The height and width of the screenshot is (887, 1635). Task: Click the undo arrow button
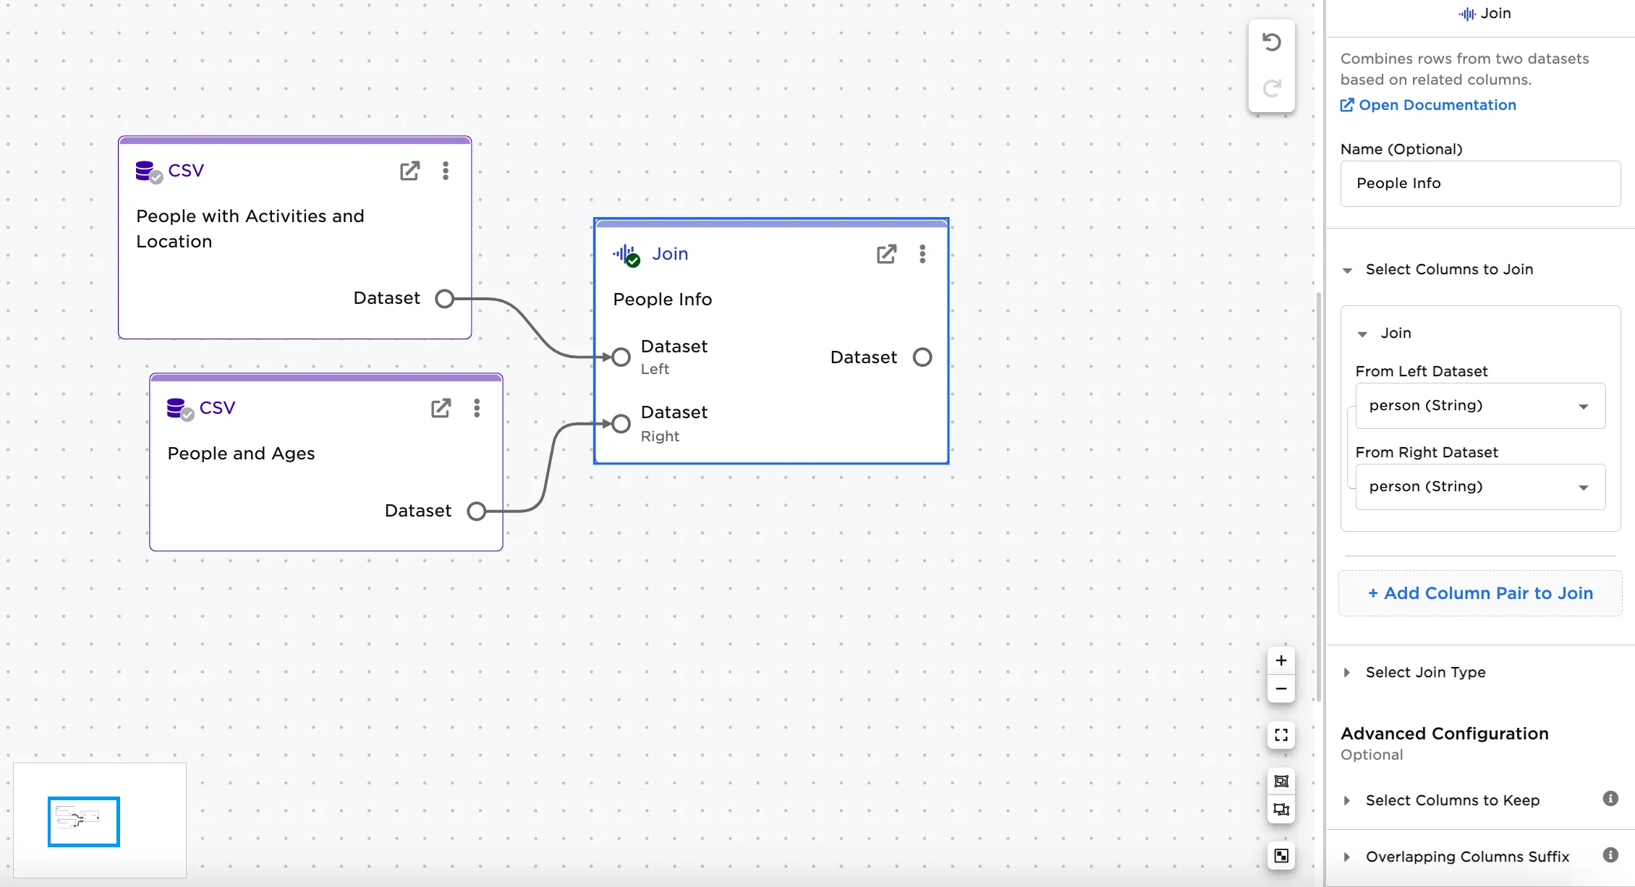[x=1271, y=42]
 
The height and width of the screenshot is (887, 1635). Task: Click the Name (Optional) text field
[x=1479, y=184]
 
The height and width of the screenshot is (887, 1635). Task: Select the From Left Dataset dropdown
[x=1479, y=406]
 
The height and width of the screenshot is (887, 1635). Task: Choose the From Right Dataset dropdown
[x=1479, y=487]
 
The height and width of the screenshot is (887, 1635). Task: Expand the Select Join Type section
[x=1424, y=672]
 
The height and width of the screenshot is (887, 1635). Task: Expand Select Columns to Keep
[x=1452, y=800]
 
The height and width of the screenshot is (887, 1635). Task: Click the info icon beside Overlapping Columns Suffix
[x=1610, y=855]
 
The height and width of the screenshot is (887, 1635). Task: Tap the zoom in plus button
[x=1281, y=661]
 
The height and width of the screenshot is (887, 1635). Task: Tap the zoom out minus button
[x=1281, y=689]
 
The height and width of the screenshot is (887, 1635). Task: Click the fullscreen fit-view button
[x=1281, y=735]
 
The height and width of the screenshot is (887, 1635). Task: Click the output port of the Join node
[x=922, y=357]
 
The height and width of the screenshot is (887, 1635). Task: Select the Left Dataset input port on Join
[x=621, y=357]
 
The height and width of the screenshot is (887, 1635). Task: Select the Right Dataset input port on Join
[x=621, y=424]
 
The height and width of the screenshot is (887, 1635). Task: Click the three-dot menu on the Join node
[x=922, y=254]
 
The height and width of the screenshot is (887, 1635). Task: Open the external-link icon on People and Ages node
[x=441, y=408]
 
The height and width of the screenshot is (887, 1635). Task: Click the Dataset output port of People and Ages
[x=476, y=512]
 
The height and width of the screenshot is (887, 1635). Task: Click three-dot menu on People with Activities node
[x=446, y=171]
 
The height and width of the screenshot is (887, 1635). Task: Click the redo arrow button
[x=1271, y=88]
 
